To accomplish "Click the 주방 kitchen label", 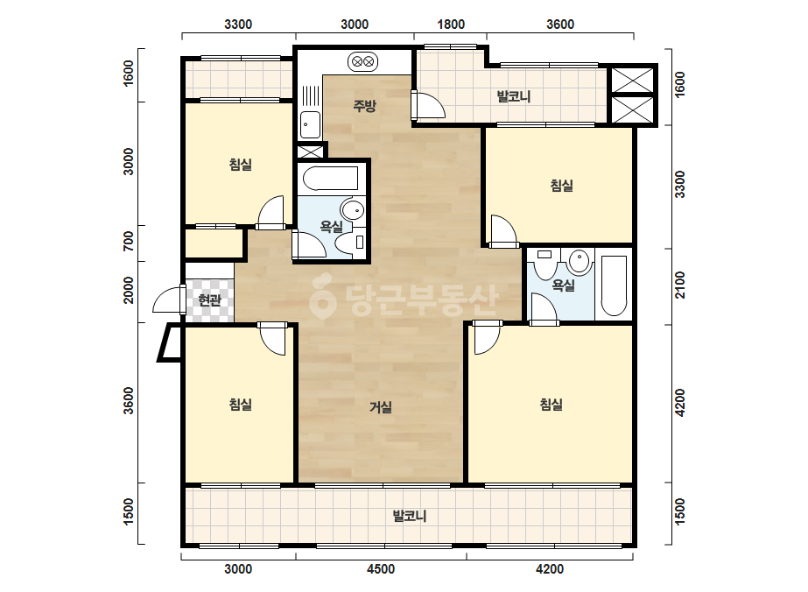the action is [x=364, y=106].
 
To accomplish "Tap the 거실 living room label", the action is [x=381, y=407].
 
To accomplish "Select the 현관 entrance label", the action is [x=210, y=300].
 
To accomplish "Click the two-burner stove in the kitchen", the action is [x=362, y=62].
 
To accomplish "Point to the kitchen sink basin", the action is [x=310, y=125].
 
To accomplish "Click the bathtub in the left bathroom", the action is [x=330, y=178].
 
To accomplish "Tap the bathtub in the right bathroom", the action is [x=614, y=285].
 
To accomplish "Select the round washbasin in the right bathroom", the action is [x=580, y=262].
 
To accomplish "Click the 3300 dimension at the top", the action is [x=238, y=25].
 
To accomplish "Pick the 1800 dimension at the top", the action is [x=451, y=25].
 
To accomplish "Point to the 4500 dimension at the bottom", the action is [x=380, y=569].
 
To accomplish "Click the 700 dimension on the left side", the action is [x=129, y=242].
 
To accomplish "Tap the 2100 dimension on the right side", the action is [x=680, y=285].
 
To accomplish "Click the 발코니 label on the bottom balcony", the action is [x=410, y=516].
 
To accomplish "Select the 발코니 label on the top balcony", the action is [x=514, y=96].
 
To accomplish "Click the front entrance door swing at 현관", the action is [x=169, y=300].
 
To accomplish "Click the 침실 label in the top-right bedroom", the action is [x=562, y=186].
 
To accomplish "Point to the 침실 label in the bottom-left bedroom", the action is [x=240, y=405].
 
